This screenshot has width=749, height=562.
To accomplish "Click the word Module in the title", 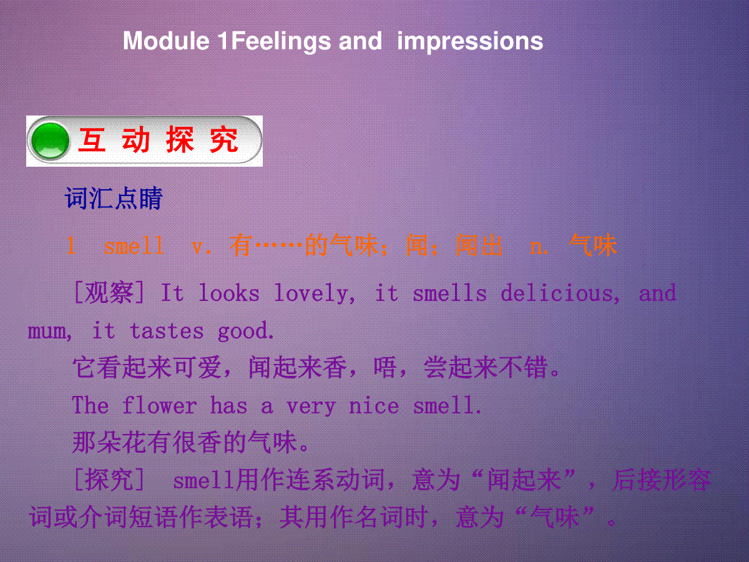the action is point(166,41).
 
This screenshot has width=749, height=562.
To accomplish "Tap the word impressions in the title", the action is point(470,42).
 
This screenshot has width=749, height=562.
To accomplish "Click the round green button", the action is point(50,140).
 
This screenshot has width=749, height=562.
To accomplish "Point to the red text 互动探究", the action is point(158,140).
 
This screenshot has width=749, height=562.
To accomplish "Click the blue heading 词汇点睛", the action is point(114,198).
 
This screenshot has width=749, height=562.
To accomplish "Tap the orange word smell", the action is point(134,245).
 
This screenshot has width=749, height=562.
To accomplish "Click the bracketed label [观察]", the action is point(109,293).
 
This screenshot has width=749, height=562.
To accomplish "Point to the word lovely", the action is point(315,293).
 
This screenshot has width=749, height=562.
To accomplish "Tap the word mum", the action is point(49,332).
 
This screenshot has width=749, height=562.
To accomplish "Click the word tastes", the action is point(167,330).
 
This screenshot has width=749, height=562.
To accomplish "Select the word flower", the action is point(159,405).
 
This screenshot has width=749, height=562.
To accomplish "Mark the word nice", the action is point(374,406).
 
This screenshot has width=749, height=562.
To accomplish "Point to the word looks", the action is point(229,293).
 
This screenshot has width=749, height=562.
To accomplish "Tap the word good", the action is point(245,332).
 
